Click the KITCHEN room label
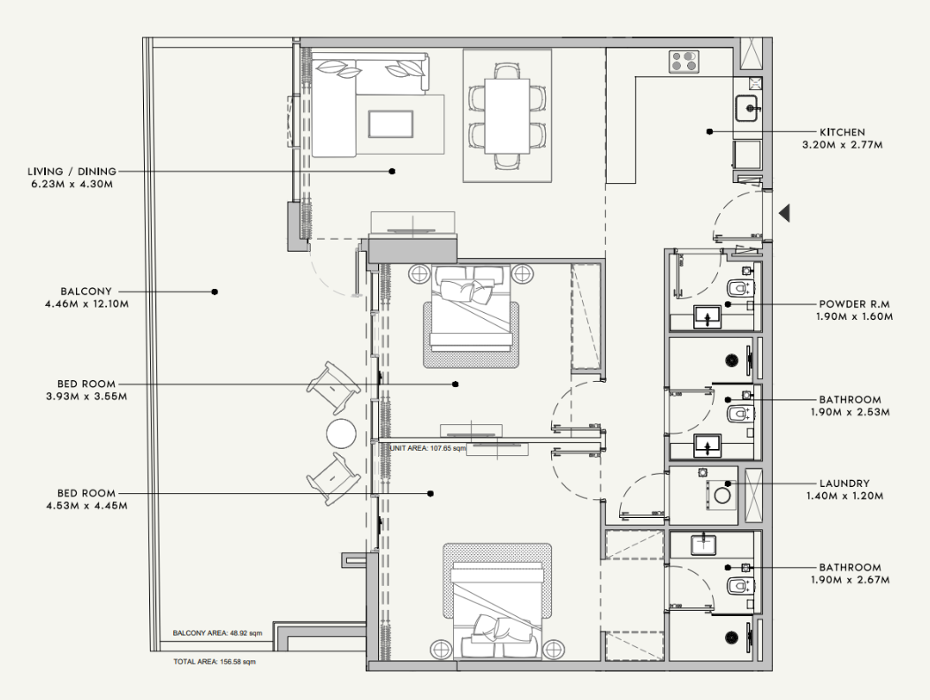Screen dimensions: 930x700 coord(843,132)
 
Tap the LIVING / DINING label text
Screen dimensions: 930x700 coord(72,171)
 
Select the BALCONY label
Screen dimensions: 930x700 coord(86,292)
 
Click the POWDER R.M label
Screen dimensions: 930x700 coord(854,304)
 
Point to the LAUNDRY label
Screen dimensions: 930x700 coord(844,483)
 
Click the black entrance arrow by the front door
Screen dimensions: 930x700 coord(784,213)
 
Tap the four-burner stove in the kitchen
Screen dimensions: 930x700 coord(684,62)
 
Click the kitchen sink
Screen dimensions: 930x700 coord(746,109)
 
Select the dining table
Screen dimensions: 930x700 coord(507,116)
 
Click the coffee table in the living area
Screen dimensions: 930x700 coord(390,124)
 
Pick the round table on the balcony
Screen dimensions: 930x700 coord(342,433)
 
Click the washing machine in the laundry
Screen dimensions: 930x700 coord(722,494)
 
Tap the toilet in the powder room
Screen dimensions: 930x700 coord(737,288)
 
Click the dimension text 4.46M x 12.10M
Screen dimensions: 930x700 coord(87,304)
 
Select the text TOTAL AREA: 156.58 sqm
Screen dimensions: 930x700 coord(215,661)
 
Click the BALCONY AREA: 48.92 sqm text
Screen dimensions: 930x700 coord(217,633)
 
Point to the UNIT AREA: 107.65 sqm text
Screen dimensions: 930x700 coord(428,448)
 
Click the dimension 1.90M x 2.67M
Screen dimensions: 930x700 coord(850,580)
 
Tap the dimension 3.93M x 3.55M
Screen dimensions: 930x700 coord(87,397)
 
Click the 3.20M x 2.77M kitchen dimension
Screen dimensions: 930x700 coord(843,145)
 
